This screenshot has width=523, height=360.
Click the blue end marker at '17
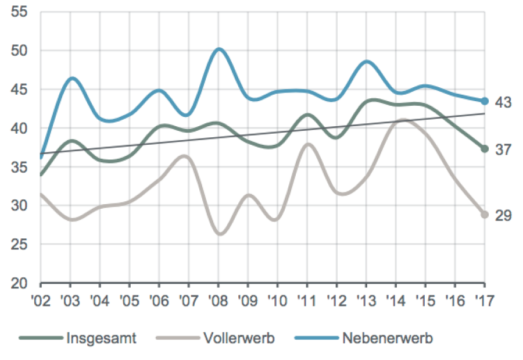pos(484,101)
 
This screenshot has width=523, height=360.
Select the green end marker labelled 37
pos(484,149)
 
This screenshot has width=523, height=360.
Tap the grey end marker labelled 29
pos(484,215)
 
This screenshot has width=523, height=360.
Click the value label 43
pos(503,102)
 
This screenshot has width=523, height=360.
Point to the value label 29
pos(503,216)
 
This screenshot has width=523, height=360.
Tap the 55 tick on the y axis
pos(20,12)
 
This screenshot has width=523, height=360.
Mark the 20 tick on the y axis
pos(20,284)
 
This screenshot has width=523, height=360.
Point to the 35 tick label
pos(20,167)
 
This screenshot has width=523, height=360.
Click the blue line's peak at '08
pos(218,49)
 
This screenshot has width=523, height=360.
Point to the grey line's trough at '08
pos(220,234)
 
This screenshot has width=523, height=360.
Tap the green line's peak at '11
pos(307,115)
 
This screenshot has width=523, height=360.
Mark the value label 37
pos(503,150)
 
